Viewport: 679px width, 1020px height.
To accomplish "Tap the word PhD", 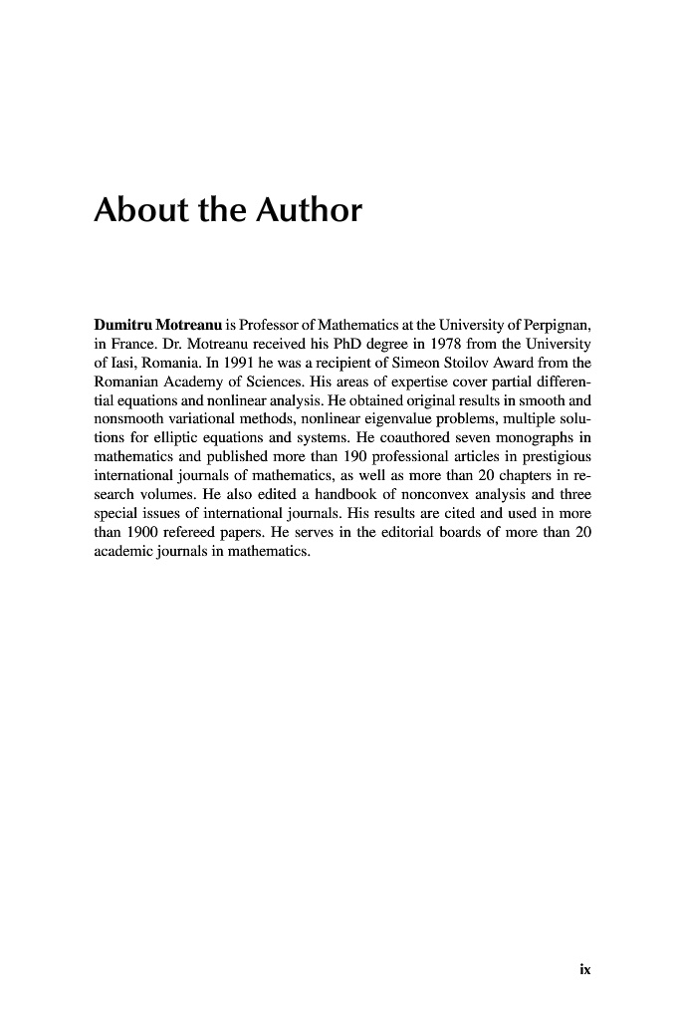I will [x=321, y=344].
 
